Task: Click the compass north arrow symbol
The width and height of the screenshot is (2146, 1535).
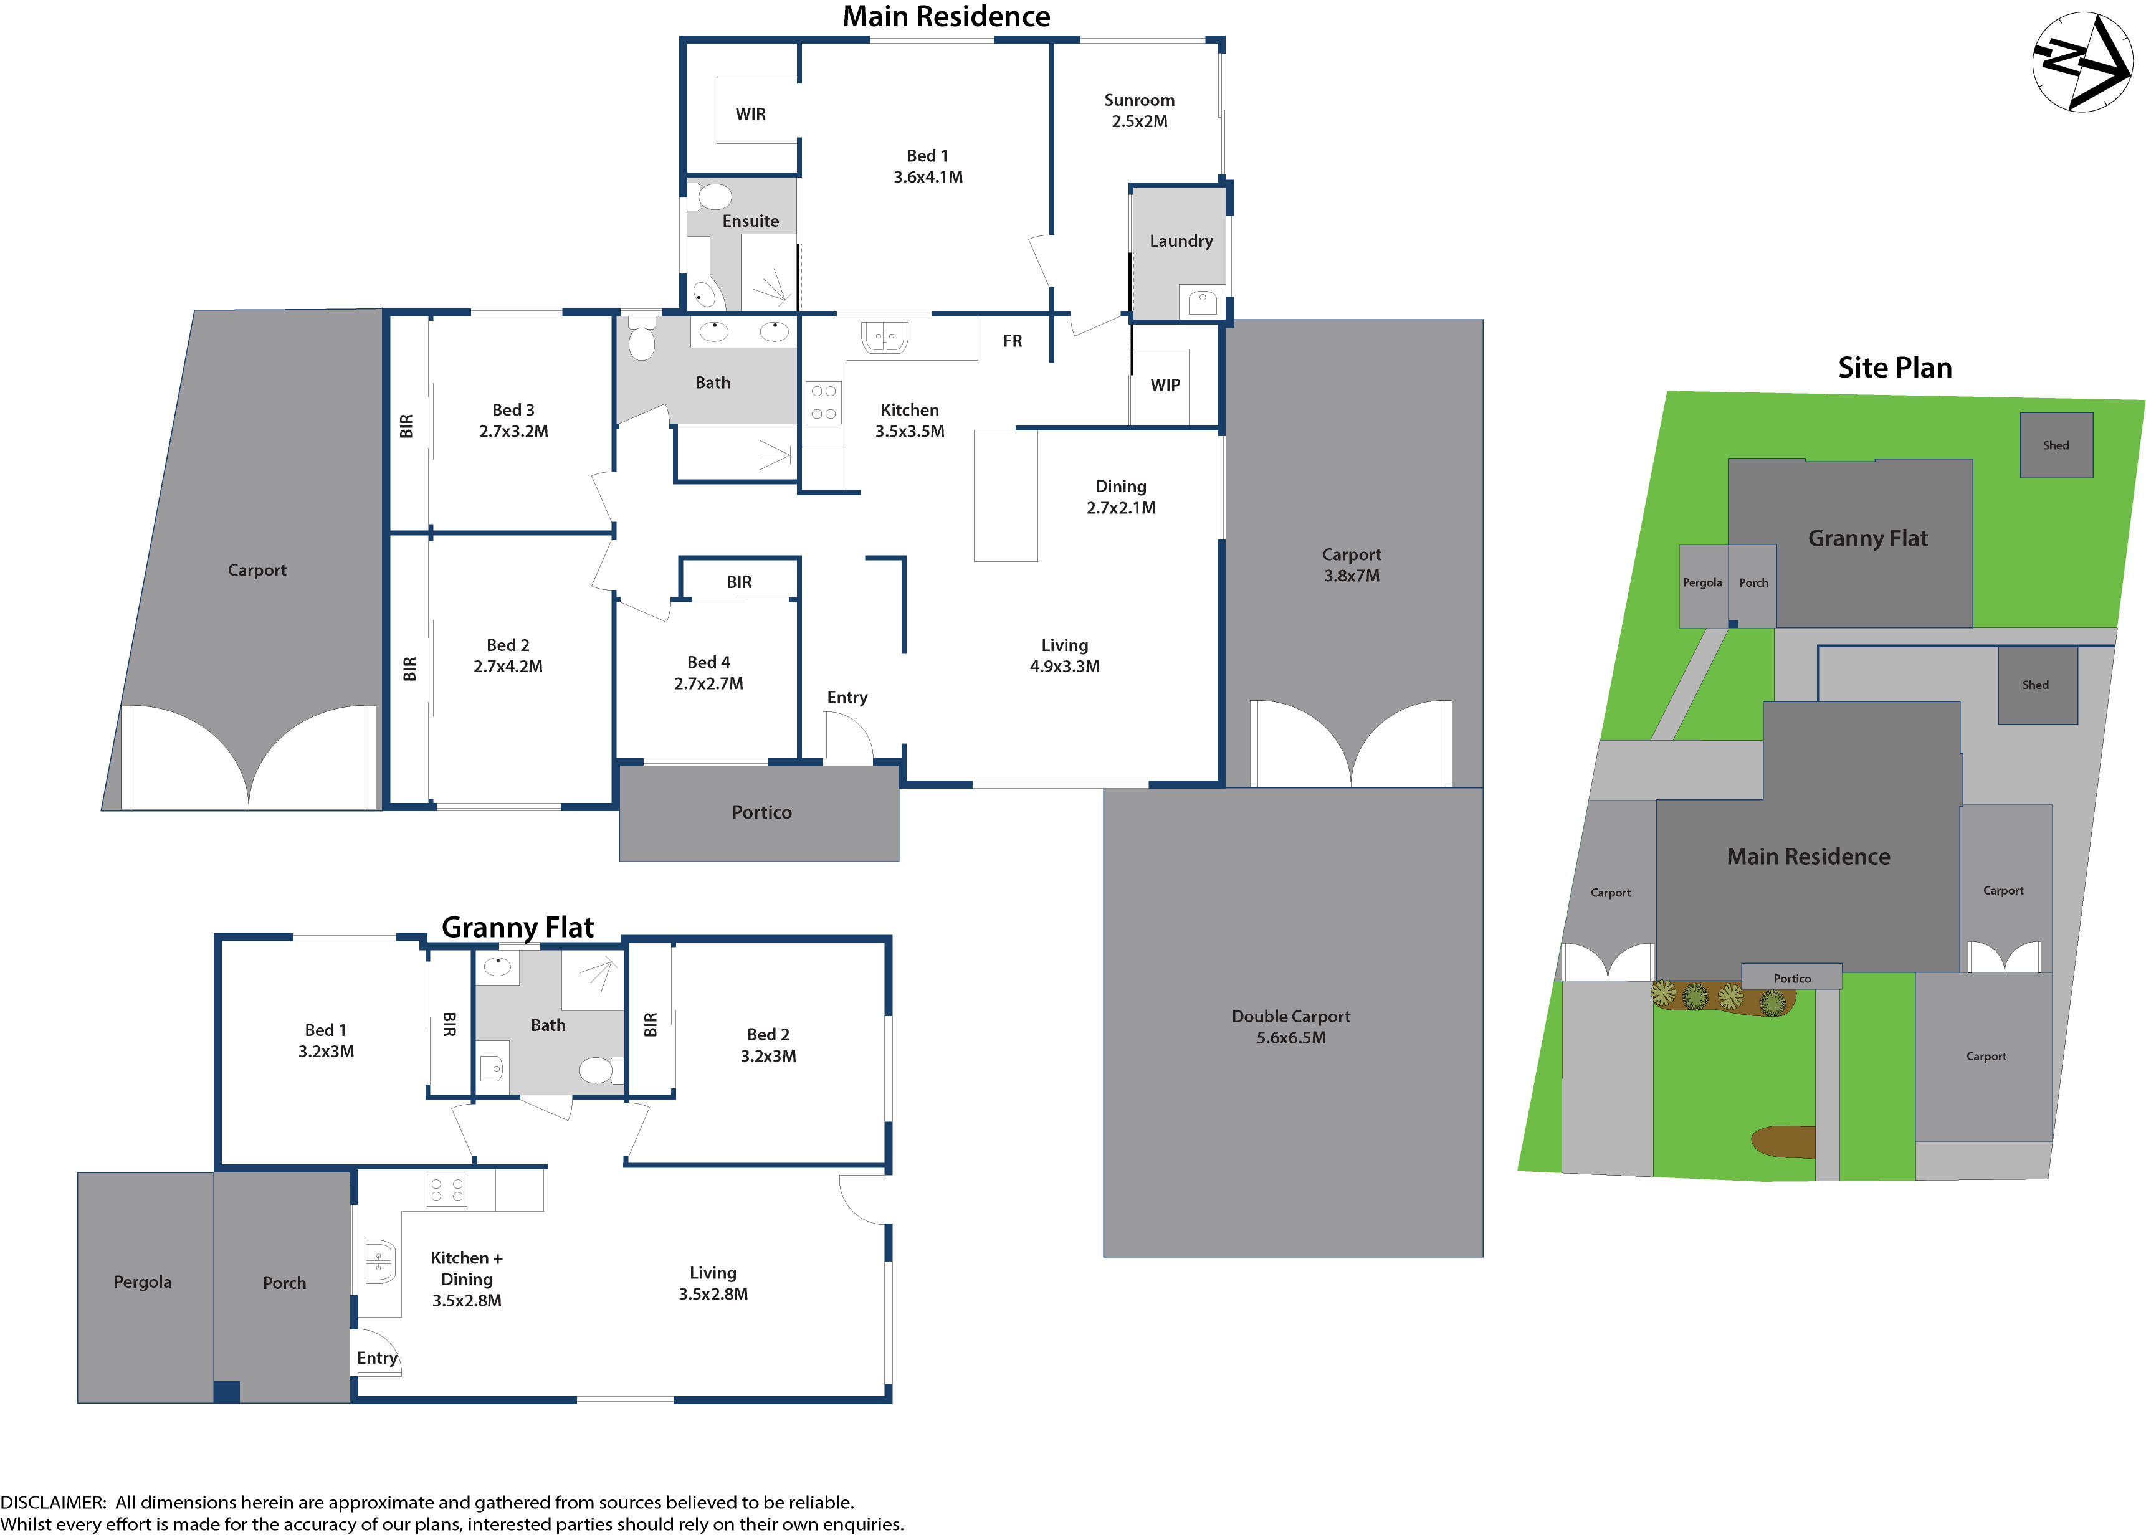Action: click(2082, 62)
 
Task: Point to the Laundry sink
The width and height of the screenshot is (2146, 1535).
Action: click(1201, 303)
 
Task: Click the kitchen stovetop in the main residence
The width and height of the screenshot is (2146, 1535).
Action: click(823, 402)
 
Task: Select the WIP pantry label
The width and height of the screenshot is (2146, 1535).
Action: click(1165, 385)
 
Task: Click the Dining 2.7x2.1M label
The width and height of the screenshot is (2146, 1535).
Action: click(1120, 497)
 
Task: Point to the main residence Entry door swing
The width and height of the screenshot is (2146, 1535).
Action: click(846, 737)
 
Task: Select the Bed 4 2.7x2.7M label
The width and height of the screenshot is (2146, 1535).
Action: click(708, 673)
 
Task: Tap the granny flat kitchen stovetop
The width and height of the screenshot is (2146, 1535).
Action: click(446, 1189)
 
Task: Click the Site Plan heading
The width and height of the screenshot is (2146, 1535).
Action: click(1894, 368)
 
